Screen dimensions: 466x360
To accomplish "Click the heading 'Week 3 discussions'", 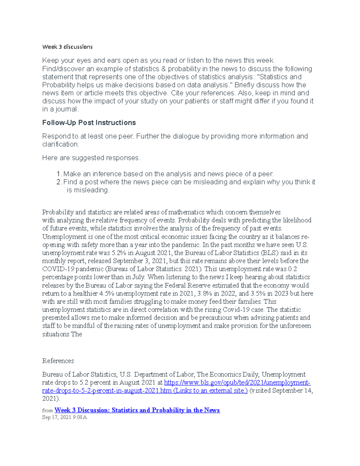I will point(67,47).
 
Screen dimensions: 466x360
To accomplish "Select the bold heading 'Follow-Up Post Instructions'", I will point(89,123).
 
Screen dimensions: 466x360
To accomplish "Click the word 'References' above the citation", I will point(58,361).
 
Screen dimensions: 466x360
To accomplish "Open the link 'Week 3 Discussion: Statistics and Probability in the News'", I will point(137,410).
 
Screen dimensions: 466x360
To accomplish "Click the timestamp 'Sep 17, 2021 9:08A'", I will point(64,417).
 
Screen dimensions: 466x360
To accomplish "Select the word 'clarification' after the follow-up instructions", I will point(60,144).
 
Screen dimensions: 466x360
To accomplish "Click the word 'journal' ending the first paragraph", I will point(66,109).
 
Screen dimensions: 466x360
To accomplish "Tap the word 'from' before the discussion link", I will point(47,410).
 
